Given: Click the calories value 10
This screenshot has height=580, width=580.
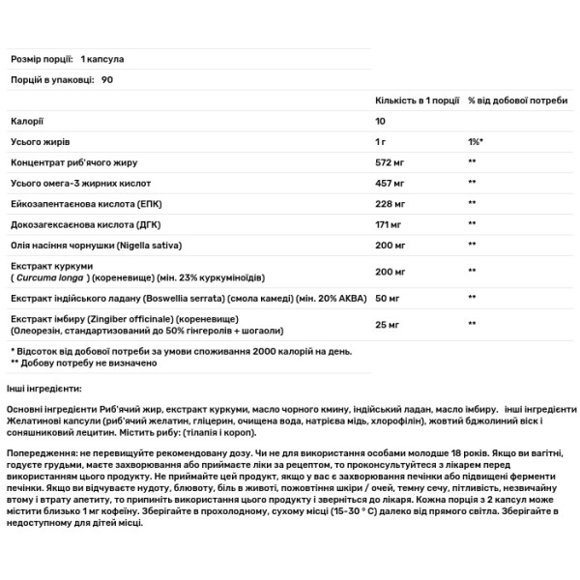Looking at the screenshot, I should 381,121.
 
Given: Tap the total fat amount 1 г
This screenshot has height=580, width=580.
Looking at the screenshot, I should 382,141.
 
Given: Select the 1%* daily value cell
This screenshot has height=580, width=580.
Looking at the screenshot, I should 474,141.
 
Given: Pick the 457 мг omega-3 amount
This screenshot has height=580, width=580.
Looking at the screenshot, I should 389,182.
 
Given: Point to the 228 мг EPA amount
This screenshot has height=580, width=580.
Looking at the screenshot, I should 389,202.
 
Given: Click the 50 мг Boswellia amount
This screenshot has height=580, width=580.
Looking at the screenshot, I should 386,298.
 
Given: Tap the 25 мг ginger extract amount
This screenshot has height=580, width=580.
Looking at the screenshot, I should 386,324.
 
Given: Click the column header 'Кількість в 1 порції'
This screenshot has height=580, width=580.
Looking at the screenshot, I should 416,101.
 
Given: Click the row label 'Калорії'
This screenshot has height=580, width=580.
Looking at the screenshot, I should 25,121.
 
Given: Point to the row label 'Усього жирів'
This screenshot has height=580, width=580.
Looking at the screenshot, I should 38,141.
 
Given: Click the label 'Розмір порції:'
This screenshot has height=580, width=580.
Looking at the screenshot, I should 41,60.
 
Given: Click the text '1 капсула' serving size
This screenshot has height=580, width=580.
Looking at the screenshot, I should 103,60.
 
